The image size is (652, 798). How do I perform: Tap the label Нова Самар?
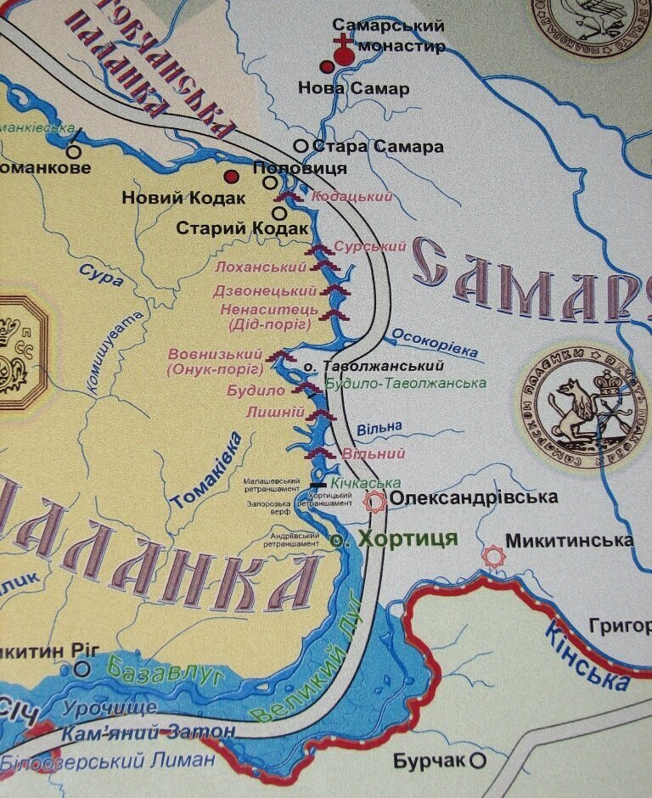click(353, 88)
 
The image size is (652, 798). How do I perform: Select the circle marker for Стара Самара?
click(300, 146)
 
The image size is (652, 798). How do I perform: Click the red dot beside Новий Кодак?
click(230, 177)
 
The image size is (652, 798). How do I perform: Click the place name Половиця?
click(301, 167)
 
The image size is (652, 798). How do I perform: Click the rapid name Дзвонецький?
click(266, 291)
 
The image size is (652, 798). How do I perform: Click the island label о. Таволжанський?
click(374, 367)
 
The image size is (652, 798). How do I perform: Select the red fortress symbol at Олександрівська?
click(374, 503)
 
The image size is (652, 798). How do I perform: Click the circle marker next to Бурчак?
click(478, 760)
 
